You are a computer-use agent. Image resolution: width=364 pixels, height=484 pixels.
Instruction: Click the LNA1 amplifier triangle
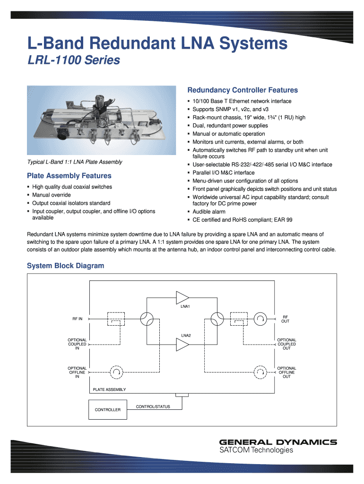pyautogui.click(x=182, y=297)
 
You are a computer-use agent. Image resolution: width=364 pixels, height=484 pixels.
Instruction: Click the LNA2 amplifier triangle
pyautogui.click(x=182, y=346)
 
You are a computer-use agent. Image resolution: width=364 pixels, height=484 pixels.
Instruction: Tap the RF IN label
pyautogui.click(x=77, y=319)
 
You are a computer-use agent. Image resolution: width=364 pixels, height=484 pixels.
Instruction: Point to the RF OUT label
pyautogui.click(x=285, y=319)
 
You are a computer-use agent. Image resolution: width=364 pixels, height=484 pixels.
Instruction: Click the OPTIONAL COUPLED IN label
pyautogui.click(x=77, y=344)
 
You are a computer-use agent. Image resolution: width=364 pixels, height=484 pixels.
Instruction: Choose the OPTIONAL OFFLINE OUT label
pyautogui.click(x=286, y=372)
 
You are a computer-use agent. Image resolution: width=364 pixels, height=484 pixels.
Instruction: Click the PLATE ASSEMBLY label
pyautogui.click(x=109, y=389)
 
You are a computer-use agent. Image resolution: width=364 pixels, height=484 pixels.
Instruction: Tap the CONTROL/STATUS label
pyautogui.click(x=153, y=406)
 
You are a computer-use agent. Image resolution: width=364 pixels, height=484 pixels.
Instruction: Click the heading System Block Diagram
pyautogui.click(x=65, y=266)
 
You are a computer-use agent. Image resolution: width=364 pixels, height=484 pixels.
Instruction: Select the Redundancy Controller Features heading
pyautogui.click(x=243, y=90)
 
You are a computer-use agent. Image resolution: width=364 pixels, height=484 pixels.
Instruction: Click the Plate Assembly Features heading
pyautogui.click(x=69, y=176)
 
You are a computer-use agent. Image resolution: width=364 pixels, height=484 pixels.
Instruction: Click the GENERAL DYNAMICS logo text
pyautogui.click(x=278, y=442)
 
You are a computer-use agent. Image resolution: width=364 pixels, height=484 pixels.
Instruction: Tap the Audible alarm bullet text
pyautogui.click(x=209, y=212)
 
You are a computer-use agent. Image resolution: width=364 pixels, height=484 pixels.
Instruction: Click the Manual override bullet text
pyautogui.click(x=52, y=195)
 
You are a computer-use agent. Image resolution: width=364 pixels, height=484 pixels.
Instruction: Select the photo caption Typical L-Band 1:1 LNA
pyautogui.click(x=74, y=162)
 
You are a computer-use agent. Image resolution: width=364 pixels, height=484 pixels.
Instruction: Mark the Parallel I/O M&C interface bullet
pyautogui.click(x=224, y=173)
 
